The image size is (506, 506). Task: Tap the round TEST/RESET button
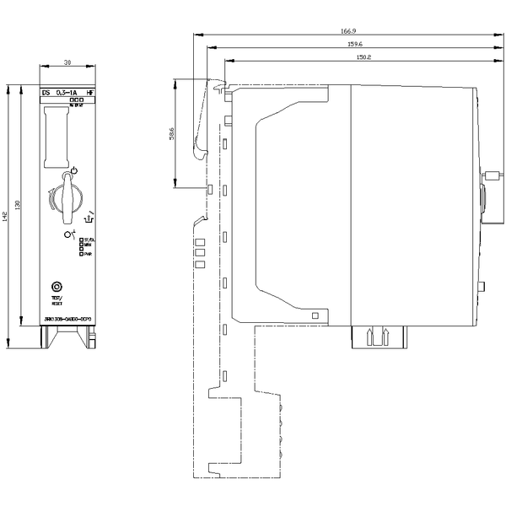(57, 287)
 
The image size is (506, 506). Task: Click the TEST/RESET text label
(57, 300)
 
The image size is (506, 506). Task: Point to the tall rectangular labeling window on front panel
(57, 137)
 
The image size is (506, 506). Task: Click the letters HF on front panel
(88, 91)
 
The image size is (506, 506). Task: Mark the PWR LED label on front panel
(87, 255)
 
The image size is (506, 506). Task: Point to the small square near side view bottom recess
(315, 315)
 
